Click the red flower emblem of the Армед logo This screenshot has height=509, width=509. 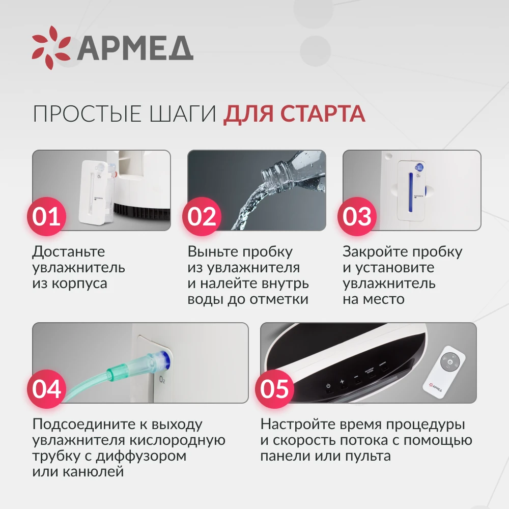click(x=51, y=48)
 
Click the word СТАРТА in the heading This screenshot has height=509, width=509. click(x=323, y=114)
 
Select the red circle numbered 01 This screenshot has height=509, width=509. click(x=46, y=216)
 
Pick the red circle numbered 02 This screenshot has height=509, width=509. click(x=202, y=216)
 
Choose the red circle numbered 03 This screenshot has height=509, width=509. click(x=357, y=216)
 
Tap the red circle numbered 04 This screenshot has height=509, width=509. click(x=46, y=388)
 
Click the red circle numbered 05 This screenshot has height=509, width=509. click(x=274, y=388)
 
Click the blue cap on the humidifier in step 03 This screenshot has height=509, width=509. click(x=419, y=167)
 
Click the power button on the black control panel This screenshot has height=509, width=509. click(x=328, y=386)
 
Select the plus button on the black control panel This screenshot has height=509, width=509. click(x=342, y=381)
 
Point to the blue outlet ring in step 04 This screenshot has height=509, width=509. click(x=165, y=360)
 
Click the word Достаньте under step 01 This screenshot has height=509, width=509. click(x=69, y=252)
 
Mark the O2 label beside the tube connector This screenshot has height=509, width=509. click(x=162, y=380)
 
